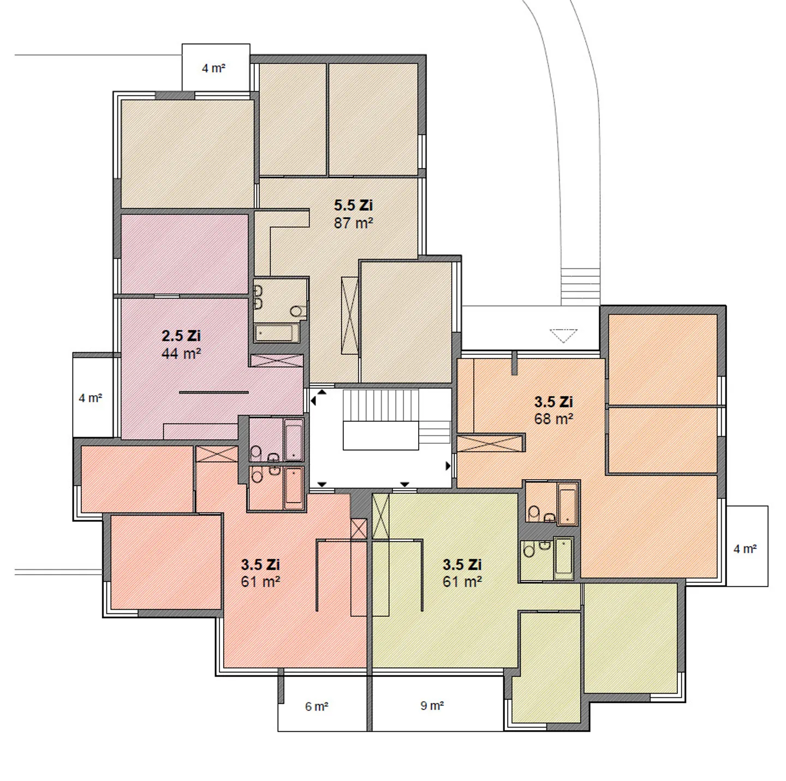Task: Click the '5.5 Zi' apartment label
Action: [353, 206]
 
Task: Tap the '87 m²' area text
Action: [353, 223]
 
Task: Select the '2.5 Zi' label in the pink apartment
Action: [181, 336]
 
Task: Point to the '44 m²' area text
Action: [181, 353]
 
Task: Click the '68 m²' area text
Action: [553, 419]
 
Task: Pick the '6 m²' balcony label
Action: [317, 707]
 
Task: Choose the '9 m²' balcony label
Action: [432, 706]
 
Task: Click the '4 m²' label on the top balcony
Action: [213, 68]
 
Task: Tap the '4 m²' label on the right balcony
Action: [745, 549]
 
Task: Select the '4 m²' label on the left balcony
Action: [91, 398]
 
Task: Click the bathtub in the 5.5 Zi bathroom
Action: [277, 332]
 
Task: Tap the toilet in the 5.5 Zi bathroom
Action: [297, 311]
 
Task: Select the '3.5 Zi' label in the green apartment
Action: [462, 564]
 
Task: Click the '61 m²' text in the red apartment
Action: [260, 582]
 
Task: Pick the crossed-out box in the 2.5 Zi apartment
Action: [276, 361]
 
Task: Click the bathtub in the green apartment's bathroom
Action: [563, 558]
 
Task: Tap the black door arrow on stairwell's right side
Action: [449, 466]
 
